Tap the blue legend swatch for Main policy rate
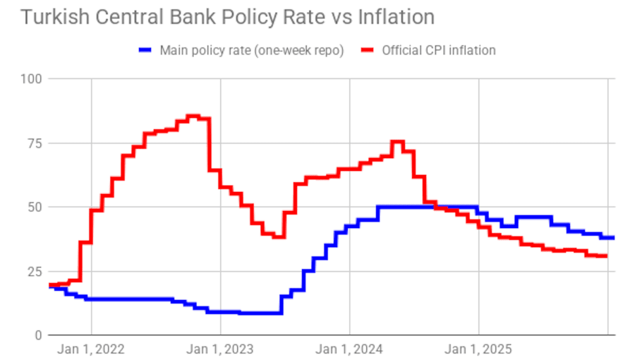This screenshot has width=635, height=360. (145, 50)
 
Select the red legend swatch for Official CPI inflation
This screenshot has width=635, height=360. (368, 50)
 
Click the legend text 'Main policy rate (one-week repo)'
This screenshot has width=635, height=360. (251, 50)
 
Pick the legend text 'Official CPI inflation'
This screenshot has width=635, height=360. (439, 50)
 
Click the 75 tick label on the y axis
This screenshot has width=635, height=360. (34, 143)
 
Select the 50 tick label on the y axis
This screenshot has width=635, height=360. (34, 207)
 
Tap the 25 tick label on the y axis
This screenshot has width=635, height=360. (34, 271)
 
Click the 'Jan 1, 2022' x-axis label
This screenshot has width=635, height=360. (92, 349)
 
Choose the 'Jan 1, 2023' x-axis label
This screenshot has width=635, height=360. (221, 349)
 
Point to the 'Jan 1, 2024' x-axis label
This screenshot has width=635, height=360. (350, 349)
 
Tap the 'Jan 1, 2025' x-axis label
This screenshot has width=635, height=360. (479, 349)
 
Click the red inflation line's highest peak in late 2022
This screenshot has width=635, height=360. (193, 116)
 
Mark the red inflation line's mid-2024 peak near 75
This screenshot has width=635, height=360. (397, 142)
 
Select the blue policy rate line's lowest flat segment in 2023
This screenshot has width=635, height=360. (261, 313)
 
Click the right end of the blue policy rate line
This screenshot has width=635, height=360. (613, 238)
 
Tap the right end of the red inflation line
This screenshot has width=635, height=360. (606, 256)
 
